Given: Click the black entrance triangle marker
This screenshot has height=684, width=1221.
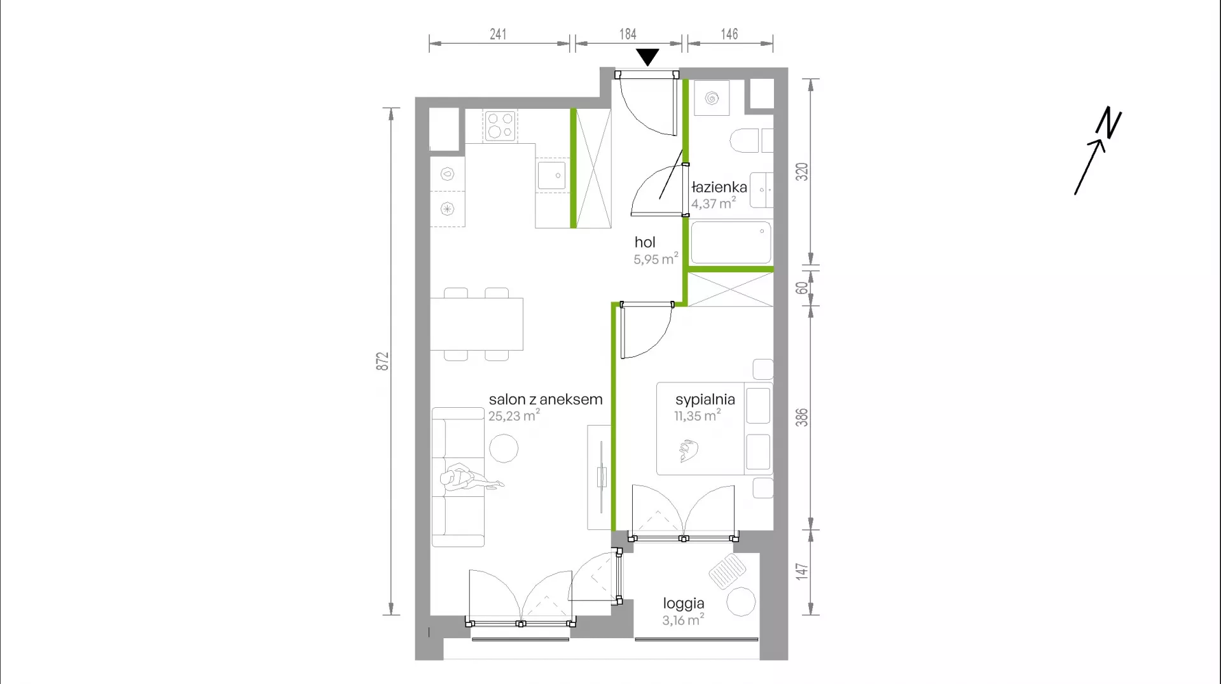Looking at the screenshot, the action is (647, 57).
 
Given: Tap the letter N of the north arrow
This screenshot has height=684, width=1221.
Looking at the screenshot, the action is (1108, 122).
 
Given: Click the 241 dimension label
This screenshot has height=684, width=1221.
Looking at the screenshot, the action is (498, 34).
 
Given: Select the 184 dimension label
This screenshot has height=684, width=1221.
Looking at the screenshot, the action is (628, 34).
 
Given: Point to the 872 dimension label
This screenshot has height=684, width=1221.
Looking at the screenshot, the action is (382, 361).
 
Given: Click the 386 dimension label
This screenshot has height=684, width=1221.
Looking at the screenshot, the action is (802, 417).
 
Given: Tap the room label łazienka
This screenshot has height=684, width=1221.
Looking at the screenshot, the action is (719, 187).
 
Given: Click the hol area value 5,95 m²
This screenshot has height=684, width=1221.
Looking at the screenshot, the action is (656, 259).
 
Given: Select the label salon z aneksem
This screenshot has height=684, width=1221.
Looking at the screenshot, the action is (546, 400).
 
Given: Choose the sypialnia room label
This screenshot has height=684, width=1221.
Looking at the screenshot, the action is (705, 400).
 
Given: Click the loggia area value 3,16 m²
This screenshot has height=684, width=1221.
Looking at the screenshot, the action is (683, 620).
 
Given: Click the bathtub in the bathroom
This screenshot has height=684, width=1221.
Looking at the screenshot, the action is (731, 242).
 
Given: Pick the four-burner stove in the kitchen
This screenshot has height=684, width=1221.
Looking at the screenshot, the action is (499, 126).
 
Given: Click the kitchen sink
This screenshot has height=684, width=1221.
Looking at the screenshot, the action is (551, 176).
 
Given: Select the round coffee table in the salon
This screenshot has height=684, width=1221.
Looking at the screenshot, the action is (504, 448).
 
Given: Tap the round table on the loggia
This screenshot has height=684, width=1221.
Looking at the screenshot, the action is (741, 601).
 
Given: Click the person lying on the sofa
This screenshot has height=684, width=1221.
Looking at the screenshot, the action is (469, 479).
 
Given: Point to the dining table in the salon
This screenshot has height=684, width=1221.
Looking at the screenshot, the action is (476, 324).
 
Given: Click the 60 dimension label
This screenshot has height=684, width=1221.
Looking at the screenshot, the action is (802, 288).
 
